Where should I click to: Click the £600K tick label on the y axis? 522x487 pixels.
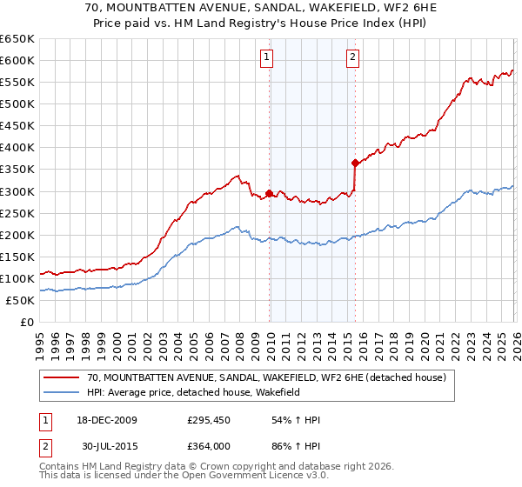coord(17,60)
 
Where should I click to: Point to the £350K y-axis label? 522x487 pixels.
coord(17,170)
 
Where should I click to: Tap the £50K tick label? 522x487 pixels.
coord(20,300)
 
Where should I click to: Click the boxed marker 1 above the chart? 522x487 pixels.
coord(265,58)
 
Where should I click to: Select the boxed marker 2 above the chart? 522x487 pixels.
coord(352,58)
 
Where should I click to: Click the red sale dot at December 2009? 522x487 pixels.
coord(269,193)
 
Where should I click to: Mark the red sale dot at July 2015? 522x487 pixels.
coord(355,163)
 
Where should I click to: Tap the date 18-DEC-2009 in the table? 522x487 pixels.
coord(101,420)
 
